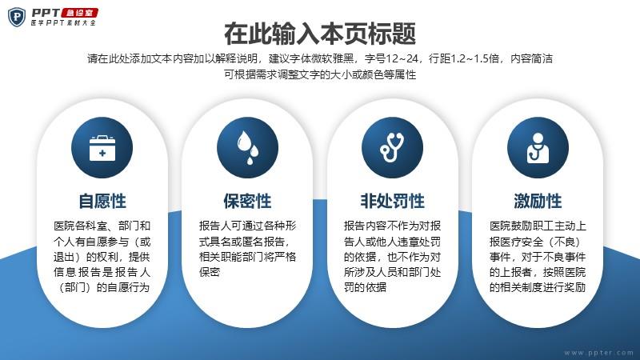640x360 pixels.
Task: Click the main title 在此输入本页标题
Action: tap(320, 33)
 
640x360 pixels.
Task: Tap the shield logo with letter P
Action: tap(17, 17)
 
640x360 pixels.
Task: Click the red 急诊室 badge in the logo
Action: tap(79, 13)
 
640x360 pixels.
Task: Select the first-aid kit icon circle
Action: tap(102, 147)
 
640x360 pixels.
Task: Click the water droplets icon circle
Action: tap(247, 147)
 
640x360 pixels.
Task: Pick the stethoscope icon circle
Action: tap(392, 147)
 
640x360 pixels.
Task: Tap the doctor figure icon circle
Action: tap(538, 147)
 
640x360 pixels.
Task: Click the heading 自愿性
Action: tap(102, 201)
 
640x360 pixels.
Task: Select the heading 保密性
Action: tap(247, 201)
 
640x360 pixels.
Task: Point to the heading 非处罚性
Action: tap(392, 201)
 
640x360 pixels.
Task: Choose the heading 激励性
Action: tap(538, 201)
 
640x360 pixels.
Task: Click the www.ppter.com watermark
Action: tap(598, 353)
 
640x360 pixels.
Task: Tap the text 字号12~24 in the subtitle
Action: tap(392, 58)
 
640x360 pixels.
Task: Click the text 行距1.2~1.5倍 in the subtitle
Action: tap(464, 58)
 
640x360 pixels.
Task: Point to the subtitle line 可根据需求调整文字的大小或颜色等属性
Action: tap(320, 74)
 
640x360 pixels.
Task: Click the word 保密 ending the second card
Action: tap(210, 272)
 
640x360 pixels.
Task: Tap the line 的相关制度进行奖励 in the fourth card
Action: tap(538, 287)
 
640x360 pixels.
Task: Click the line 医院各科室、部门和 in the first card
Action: tap(102, 226)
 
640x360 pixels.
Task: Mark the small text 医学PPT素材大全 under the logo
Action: tap(63, 23)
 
